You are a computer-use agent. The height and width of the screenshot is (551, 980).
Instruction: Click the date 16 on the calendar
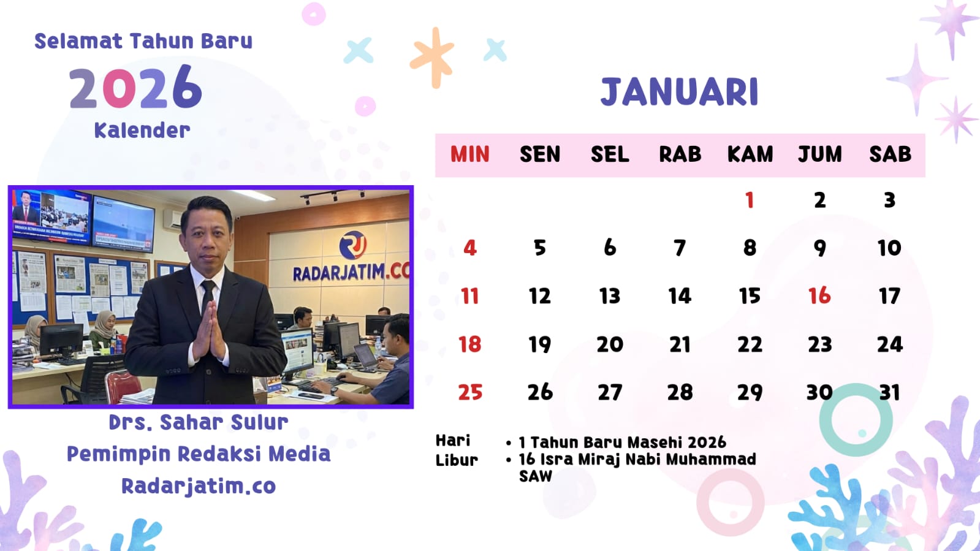click(x=819, y=296)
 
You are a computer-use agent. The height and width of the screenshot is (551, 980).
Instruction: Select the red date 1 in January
click(x=750, y=200)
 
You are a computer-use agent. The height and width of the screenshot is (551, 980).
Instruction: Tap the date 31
click(x=889, y=392)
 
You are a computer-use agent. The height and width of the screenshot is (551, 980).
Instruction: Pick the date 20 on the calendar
click(x=609, y=344)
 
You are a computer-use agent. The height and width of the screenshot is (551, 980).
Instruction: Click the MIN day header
click(x=470, y=154)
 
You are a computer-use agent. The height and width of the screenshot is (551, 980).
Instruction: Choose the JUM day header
click(x=819, y=154)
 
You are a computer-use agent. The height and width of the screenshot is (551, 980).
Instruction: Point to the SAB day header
click(x=890, y=154)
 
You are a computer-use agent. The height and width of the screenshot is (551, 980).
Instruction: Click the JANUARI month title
click(x=679, y=92)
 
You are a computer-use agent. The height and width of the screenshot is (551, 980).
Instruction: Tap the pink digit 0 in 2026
click(x=120, y=87)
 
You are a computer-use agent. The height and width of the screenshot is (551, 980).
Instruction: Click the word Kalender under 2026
click(x=142, y=130)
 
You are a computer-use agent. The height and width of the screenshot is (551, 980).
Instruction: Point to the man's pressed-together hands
click(x=211, y=332)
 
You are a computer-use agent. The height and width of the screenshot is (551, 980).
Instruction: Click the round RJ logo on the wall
click(x=352, y=245)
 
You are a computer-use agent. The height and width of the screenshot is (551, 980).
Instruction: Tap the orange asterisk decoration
click(x=432, y=58)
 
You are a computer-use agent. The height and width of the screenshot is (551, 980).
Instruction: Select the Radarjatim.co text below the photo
click(x=198, y=486)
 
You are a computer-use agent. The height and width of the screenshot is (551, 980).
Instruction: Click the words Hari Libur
click(x=457, y=450)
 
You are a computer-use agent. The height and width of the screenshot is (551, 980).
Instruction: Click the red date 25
click(x=470, y=392)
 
